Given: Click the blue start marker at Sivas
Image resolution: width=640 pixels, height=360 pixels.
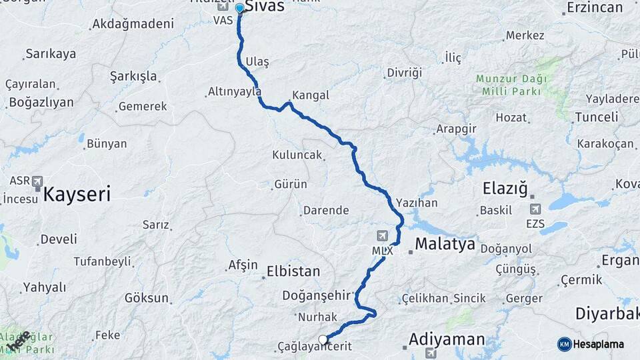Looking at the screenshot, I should (x=239, y=8).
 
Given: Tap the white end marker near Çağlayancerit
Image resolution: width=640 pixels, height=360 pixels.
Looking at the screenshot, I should (x=323, y=340).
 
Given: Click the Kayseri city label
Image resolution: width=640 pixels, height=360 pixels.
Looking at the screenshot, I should (x=77, y=195).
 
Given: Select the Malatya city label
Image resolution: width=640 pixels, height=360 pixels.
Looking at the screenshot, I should (x=445, y=244).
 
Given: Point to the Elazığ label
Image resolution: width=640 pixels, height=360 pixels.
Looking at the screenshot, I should (x=505, y=189).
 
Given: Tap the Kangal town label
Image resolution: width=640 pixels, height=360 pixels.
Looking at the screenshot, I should (x=311, y=95).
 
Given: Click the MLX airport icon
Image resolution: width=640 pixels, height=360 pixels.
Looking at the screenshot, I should (x=382, y=235).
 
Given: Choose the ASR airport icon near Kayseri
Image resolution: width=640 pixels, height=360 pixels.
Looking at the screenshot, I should (x=36, y=181).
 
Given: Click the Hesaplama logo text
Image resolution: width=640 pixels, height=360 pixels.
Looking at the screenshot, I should (x=599, y=344).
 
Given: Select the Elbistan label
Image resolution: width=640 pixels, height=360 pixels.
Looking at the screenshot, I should (x=293, y=271).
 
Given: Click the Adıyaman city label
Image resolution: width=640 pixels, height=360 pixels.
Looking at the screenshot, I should (x=447, y=339).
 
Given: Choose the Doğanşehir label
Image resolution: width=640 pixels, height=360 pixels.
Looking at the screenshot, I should (x=316, y=295).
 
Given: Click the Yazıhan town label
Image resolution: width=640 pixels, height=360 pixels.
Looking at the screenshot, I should (x=417, y=201).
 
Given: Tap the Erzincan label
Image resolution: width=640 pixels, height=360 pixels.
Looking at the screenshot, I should (x=594, y=9).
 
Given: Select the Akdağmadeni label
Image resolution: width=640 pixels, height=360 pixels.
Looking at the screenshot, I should (x=133, y=24).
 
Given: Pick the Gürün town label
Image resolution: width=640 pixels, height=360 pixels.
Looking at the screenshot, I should (x=291, y=185).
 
